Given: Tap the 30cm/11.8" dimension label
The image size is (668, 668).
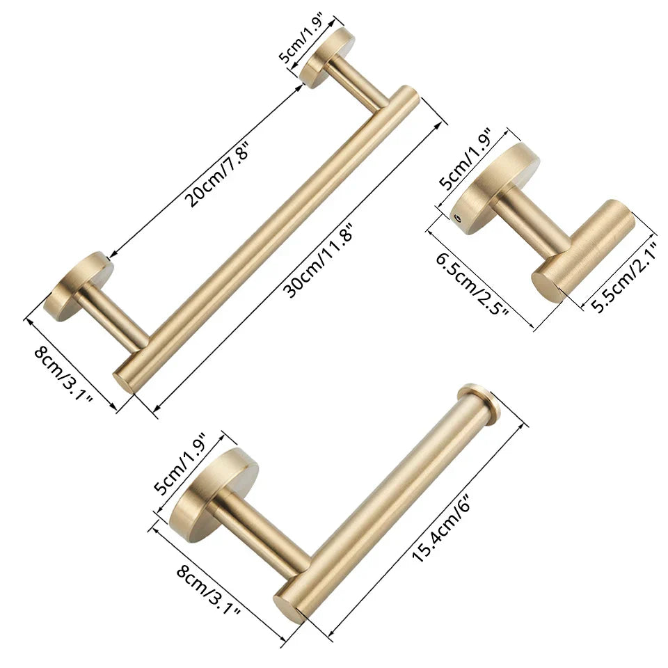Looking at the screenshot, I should point(322,261).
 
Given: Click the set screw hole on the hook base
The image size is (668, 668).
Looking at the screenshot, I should point(457,218).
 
